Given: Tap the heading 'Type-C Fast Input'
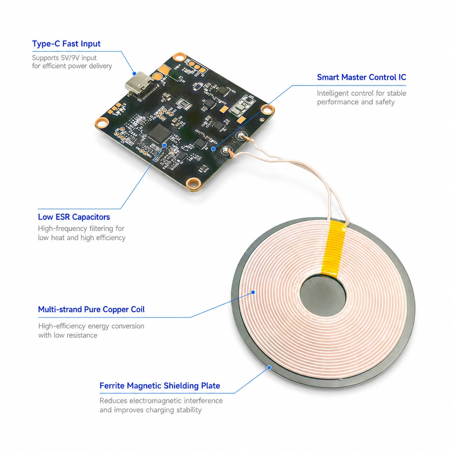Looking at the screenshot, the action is (x=66, y=44).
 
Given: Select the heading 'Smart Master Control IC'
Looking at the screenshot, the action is (x=361, y=78).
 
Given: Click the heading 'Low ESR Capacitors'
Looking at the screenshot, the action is (x=74, y=217).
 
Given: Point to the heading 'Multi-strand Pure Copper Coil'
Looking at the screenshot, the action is (x=91, y=310).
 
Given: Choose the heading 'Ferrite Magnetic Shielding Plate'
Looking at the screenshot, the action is (x=159, y=386).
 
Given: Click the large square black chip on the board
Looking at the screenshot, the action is (x=159, y=133).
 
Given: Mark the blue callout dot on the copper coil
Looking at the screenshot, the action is (x=253, y=292).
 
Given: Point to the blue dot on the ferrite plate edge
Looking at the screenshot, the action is (x=269, y=368).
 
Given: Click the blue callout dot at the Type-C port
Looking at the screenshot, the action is (x=134, y=74).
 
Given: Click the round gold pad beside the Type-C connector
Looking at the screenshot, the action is (x=157, y=77).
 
